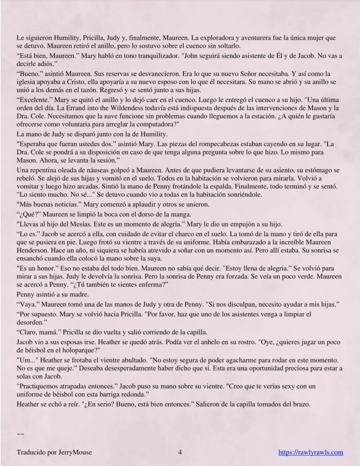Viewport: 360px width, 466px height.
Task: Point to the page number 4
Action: coord(180,452)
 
